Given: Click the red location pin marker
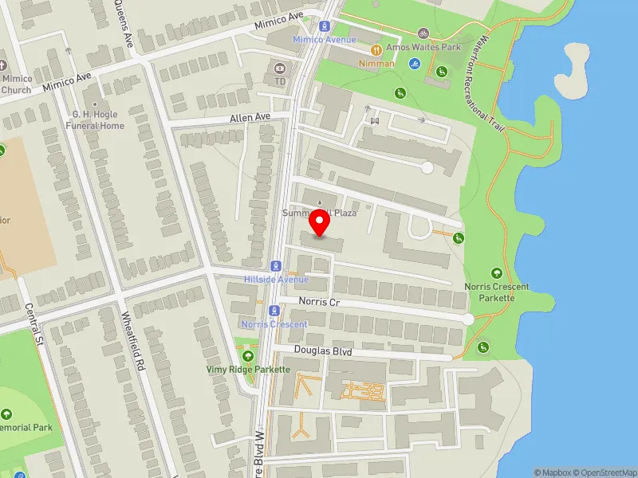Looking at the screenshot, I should pos(320,223).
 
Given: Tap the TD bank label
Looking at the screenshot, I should pos(280,81).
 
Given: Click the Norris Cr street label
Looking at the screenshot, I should pos(320,302).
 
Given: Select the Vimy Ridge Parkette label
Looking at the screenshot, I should pos(247,370).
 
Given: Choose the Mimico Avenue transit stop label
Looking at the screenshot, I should pos(323,39).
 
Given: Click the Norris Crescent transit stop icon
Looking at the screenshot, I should pos(274,311).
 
